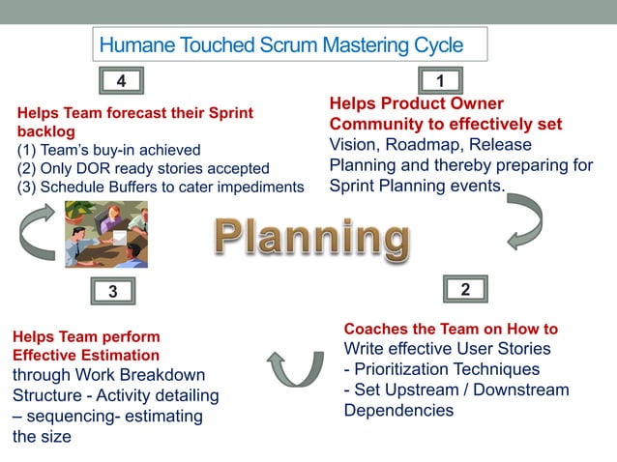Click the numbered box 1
tap(440, 80)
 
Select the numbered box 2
tap(465, 290)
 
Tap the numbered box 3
tap(113, 291)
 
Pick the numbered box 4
tap(121, 79)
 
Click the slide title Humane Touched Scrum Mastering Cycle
tap(281, 44)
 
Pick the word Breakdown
tap(159, 375)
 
